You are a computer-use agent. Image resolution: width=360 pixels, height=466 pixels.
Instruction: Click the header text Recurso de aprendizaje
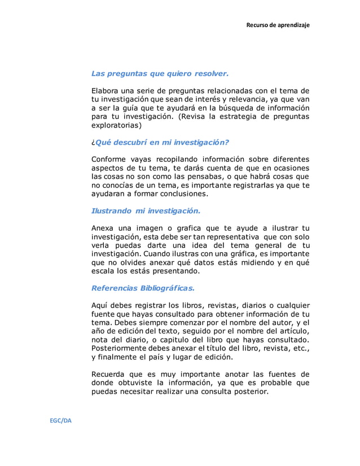pyautogui.click(x=278, y=25)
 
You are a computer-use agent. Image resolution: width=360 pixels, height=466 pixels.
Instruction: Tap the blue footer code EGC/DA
pyautogui.click(x=59, y=421)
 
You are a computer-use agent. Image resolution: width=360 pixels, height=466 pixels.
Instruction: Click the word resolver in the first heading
pyautogui.click(x=211, y=73)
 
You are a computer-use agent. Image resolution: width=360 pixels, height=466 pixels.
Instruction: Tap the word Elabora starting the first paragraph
pyautogui.click(x=107, y=91)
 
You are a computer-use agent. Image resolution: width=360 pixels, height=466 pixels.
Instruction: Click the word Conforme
pyautogui.click(x=110, y=159)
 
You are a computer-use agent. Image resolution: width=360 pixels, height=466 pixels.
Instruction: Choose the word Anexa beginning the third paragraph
pyautogui.click(x=104, y=228)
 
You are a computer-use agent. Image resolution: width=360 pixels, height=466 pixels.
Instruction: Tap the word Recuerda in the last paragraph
pyautogui.click(x=111, y=374)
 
